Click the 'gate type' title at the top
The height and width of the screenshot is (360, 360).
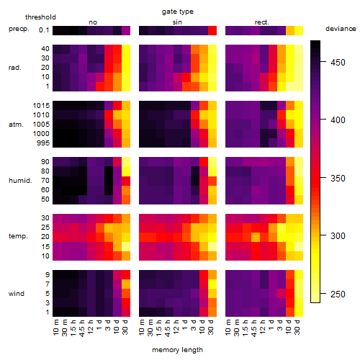point(178,12)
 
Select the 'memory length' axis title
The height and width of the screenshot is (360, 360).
point(178,350)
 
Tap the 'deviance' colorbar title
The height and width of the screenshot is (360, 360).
point(341,29)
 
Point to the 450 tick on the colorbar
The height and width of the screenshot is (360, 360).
point(323,62)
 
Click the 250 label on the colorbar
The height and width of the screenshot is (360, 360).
point(338,294)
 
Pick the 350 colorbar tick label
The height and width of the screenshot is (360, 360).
point(338,179)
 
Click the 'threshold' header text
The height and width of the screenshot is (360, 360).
point(40,17)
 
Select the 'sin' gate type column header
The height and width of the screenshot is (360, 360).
point(177,22)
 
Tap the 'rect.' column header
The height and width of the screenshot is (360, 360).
point(262,22)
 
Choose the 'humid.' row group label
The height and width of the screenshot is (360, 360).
point(20,181)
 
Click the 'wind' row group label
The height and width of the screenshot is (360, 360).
point(17,294)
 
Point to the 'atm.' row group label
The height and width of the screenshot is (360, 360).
point(16,125)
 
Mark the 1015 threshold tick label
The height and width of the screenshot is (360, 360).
point(41,106)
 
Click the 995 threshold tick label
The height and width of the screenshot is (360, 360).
point(43,143)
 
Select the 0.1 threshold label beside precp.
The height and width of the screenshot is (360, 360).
point(44,30)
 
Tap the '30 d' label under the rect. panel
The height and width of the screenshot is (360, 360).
point(297,327)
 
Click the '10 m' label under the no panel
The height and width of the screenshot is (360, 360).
point(55,327)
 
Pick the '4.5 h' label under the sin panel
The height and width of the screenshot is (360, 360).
point(168,328)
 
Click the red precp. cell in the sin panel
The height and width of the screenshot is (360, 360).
point(212,31)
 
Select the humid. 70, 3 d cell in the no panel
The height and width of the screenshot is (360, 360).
point(109,181)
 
